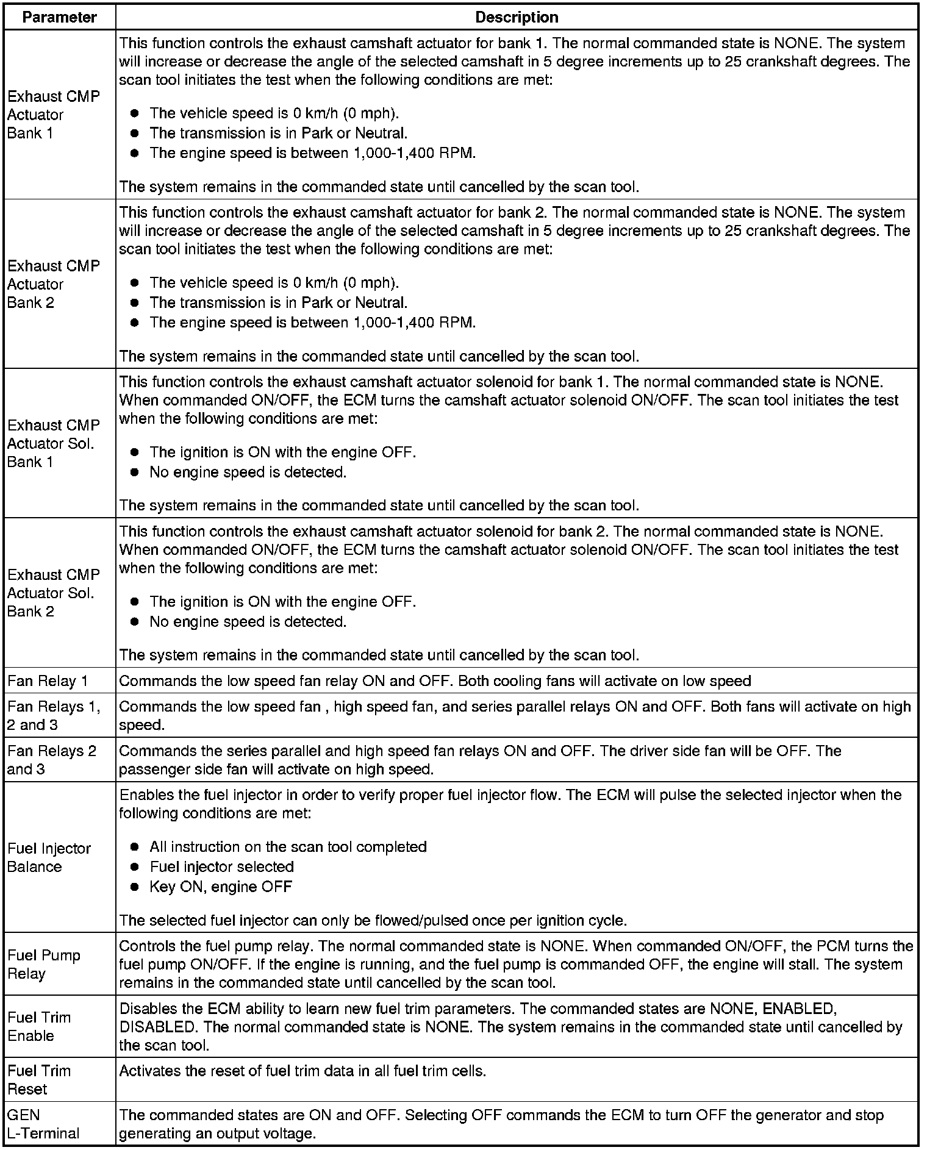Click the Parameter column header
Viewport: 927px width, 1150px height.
[59, 17]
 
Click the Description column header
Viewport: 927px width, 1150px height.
[517, 17]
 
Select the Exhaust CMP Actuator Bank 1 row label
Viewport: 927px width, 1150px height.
[53, 115]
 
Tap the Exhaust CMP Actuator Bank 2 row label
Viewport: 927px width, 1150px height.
[53, 284]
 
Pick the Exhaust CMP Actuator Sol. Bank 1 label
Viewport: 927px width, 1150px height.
[53, 443]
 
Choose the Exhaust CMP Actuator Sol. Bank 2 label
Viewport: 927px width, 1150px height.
[53, 593]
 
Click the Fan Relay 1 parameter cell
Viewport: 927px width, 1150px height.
[48, 681]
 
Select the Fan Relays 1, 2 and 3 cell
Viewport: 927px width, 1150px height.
[53, 715]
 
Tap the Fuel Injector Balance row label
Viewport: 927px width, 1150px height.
[49, 857]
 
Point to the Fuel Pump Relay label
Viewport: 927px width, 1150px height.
[44, 964]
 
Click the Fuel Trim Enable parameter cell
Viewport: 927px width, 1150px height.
[39, 1026]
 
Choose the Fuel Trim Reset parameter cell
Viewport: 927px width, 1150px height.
[39, 1079]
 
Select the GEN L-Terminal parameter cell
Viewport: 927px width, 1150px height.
[43, 1124]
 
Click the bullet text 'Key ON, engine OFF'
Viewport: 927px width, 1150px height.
[221, 887]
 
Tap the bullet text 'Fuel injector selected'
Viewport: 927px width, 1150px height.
[221, 866]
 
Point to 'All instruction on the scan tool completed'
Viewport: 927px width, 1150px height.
[288, 847]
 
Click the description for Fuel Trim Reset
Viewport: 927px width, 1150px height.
[302, 1071]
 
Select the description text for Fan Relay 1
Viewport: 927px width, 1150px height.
[434, 681]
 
